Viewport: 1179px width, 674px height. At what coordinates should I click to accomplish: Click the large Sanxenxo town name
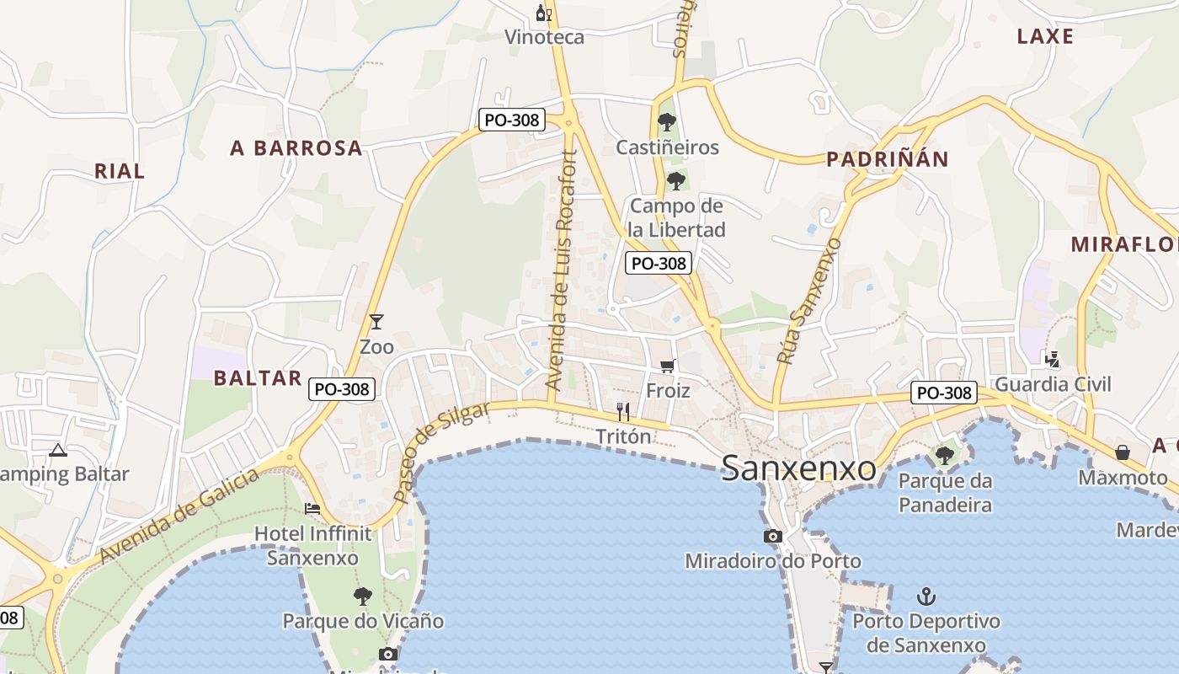(x=798, y=468)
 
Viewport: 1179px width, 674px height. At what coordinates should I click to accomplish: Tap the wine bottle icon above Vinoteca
(x=543, y=13)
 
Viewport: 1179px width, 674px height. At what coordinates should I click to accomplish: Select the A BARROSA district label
(x=296, y=148)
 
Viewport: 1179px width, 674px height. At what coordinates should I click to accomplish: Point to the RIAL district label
(x=120, y=171)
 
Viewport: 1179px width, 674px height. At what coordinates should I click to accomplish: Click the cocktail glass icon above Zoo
(x=376, y=322)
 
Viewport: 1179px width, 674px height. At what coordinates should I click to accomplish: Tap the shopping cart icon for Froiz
(x=668, y=366)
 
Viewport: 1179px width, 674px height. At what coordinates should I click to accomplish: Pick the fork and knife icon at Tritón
(x=623, y=411)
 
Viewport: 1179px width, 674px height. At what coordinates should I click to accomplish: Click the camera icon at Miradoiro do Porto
(x=772, y=536)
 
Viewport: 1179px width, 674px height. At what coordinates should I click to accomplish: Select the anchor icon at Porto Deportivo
(x=926, y=597)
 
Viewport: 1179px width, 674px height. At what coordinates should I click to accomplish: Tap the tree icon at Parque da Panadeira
(x=945, y=456)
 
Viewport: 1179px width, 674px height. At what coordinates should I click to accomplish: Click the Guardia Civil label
(x=1053, y=385)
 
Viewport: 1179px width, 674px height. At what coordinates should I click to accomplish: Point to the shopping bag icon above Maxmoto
(x=1123, y=452)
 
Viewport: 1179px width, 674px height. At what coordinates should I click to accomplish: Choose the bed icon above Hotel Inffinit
(x=312, y=508)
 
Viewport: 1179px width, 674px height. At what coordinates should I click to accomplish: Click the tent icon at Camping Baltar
(x=57, y=449)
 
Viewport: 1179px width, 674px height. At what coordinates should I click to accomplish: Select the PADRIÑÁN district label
(x=887, y=159)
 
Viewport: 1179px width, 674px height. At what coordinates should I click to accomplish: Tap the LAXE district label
(x=1045, y=36)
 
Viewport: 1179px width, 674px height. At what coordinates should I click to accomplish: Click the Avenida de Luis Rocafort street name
(x=562, y=270)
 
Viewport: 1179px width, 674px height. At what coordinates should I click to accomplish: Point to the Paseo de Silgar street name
(x=441, y=452)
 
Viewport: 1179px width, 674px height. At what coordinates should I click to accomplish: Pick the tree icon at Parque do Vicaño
(x=363, y=596)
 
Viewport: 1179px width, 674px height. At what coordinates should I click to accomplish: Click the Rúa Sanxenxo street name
(x=809, y=301)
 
